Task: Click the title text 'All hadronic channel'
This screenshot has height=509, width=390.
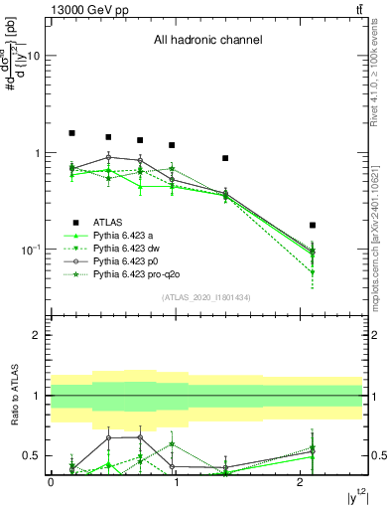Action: pos(207,41)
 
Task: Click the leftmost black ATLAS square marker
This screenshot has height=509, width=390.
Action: pos(71,133)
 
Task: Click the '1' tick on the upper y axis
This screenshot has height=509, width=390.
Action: pos(37,153)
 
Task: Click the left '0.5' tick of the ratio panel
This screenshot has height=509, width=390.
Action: pos(32,455)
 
